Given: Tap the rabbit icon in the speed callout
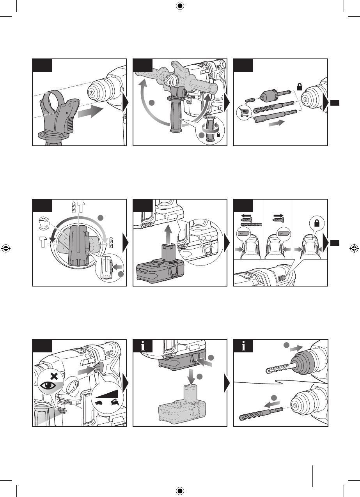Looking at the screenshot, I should [x=114, y=402].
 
